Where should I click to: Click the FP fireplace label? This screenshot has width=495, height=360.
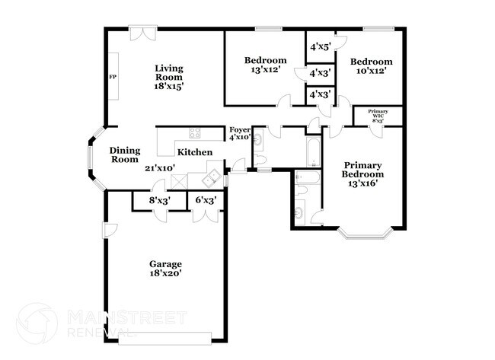click(113, 77)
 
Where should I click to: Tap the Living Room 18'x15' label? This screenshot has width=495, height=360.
click(169, 77)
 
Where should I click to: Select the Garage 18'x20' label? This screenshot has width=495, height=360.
click(164, 269)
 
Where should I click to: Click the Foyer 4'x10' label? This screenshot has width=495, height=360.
click(241, 134)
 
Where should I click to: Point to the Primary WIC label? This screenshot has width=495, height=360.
click(378, 116)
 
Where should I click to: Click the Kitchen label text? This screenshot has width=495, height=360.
click(195, 152)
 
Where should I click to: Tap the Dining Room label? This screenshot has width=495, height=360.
click(124, 155)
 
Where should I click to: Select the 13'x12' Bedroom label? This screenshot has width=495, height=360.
click(265, 65)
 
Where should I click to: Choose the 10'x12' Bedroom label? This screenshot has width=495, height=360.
click(371, 66)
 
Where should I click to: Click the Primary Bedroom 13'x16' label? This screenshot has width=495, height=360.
click(362, 174)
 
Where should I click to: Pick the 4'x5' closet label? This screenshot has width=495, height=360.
click(319, 46)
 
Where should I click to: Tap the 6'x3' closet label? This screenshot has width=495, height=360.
click(206, 201)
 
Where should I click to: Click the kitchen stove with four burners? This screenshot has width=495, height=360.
click(195, 133)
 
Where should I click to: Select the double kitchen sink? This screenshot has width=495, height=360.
click(212, 180)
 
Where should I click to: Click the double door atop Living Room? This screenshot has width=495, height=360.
click(142, 33)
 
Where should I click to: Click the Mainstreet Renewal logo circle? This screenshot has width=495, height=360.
click(36, 323)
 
